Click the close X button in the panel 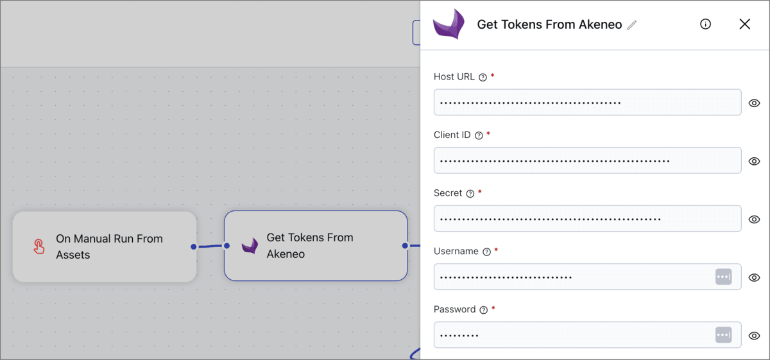744,24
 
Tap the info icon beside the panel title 705,24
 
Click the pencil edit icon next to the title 632,25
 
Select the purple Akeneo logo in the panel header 449,24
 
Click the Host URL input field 587,103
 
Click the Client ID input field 587,160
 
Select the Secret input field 587,219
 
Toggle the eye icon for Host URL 755,103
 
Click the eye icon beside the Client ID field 755,161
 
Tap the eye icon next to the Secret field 755,219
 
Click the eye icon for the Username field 755,278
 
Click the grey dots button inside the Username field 723,277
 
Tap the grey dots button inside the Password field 723,335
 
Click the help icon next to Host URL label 483,78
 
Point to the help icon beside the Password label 484,310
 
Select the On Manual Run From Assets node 105,246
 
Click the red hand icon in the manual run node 39,246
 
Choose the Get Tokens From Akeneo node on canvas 315,246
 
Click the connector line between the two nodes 210,246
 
